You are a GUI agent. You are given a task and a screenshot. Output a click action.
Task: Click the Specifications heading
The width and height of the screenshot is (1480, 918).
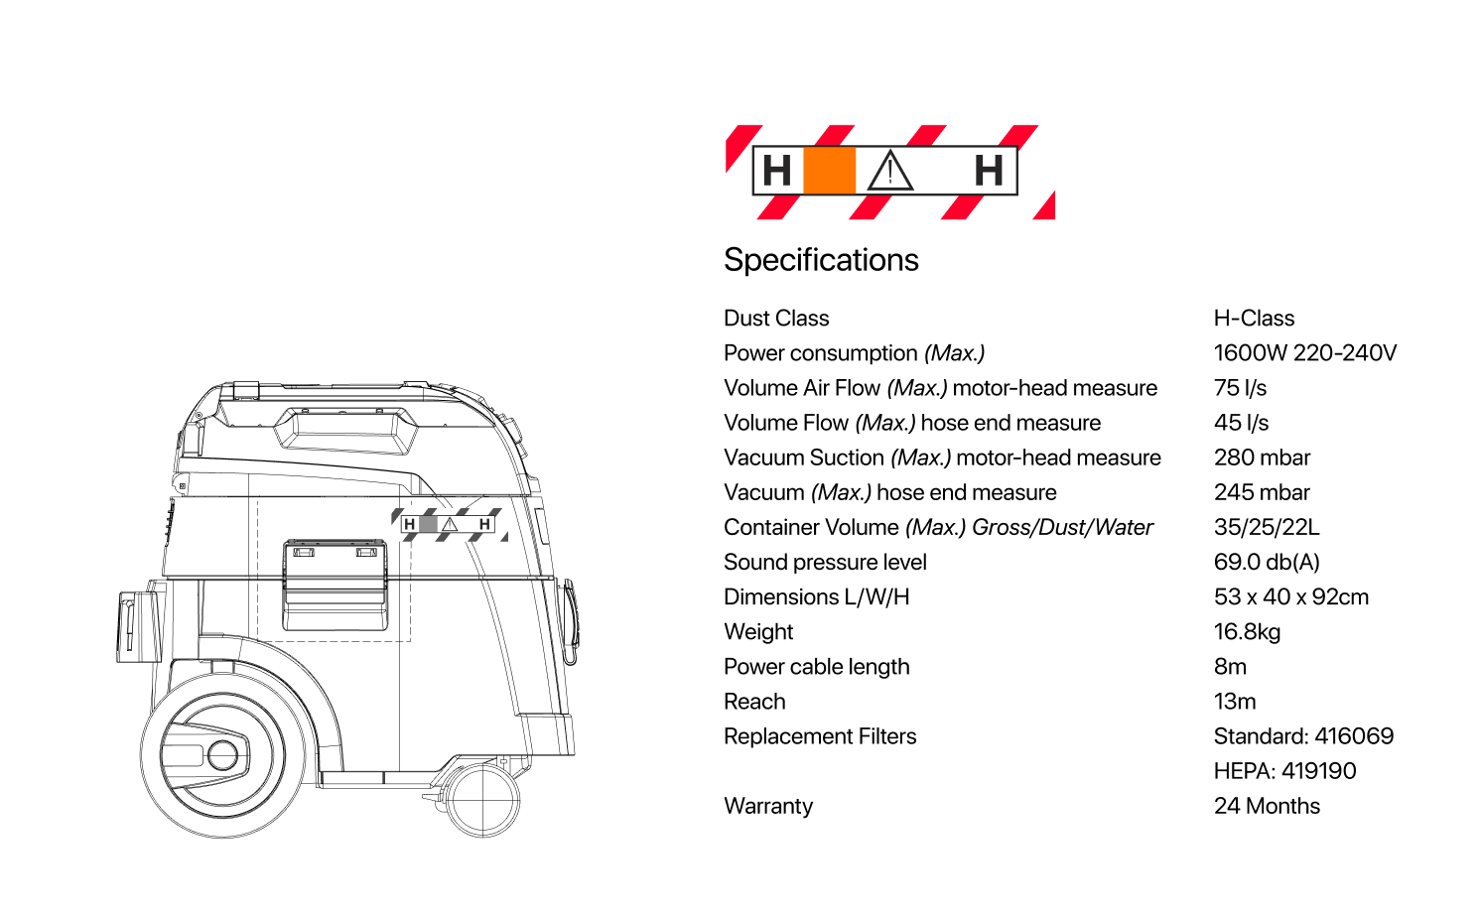pos(821,260)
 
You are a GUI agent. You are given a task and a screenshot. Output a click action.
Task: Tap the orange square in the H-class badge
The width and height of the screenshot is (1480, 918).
pos(829,170)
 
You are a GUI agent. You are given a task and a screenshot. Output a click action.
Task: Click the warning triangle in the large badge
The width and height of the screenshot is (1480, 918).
pos(890,171)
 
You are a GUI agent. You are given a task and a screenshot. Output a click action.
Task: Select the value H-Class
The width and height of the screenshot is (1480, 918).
pos(1254,319)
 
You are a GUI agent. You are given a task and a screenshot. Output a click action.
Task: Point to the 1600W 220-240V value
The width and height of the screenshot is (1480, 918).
pos(1304,353)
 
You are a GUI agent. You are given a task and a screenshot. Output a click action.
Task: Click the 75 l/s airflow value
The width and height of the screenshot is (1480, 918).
pos(1240,388)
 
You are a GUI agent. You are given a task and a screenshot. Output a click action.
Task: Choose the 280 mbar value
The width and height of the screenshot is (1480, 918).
pos(1262,458)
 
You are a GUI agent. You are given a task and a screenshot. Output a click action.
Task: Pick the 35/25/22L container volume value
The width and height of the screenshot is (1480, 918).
pos(1267,527)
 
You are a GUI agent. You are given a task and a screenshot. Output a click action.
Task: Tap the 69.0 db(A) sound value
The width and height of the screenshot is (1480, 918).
pos(1267,562)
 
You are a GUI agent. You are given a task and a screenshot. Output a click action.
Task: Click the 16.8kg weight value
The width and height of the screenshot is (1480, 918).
pos(1247,632)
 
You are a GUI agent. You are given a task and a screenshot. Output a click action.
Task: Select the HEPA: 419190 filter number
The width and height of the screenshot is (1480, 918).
pos(1284,771)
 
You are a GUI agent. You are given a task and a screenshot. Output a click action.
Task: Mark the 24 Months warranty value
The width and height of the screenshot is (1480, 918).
pos(1267,806)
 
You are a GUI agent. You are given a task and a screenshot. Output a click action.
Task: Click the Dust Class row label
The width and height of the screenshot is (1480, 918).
pos(776,319)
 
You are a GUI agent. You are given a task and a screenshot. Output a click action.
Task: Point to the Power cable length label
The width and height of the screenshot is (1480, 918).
pos(816,667)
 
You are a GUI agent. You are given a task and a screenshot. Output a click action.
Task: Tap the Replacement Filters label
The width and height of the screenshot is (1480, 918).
pos(820,736)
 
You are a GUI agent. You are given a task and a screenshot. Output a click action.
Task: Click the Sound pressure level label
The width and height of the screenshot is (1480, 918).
pos(825,562)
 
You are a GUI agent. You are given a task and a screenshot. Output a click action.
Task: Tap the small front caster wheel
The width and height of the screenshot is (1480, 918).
pos(483,799)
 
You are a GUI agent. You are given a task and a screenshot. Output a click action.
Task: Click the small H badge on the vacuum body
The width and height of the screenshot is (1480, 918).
pos(448,524)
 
